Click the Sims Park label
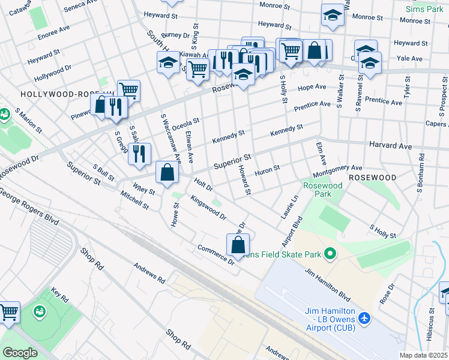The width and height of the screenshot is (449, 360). pos(424,10)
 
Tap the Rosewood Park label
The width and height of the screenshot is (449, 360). pos(322,190)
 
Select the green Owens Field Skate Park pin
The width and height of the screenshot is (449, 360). pos(330,254)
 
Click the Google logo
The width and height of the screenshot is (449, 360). pos(20,353)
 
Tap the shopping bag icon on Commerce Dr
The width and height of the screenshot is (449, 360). pos(238,244)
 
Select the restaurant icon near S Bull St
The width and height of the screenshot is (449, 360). pos(139,153)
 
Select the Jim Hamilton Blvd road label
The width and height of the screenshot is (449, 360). pos(327,283)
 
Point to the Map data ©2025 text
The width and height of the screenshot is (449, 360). pos(423,355)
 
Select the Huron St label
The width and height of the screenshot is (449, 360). pos(268,170)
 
